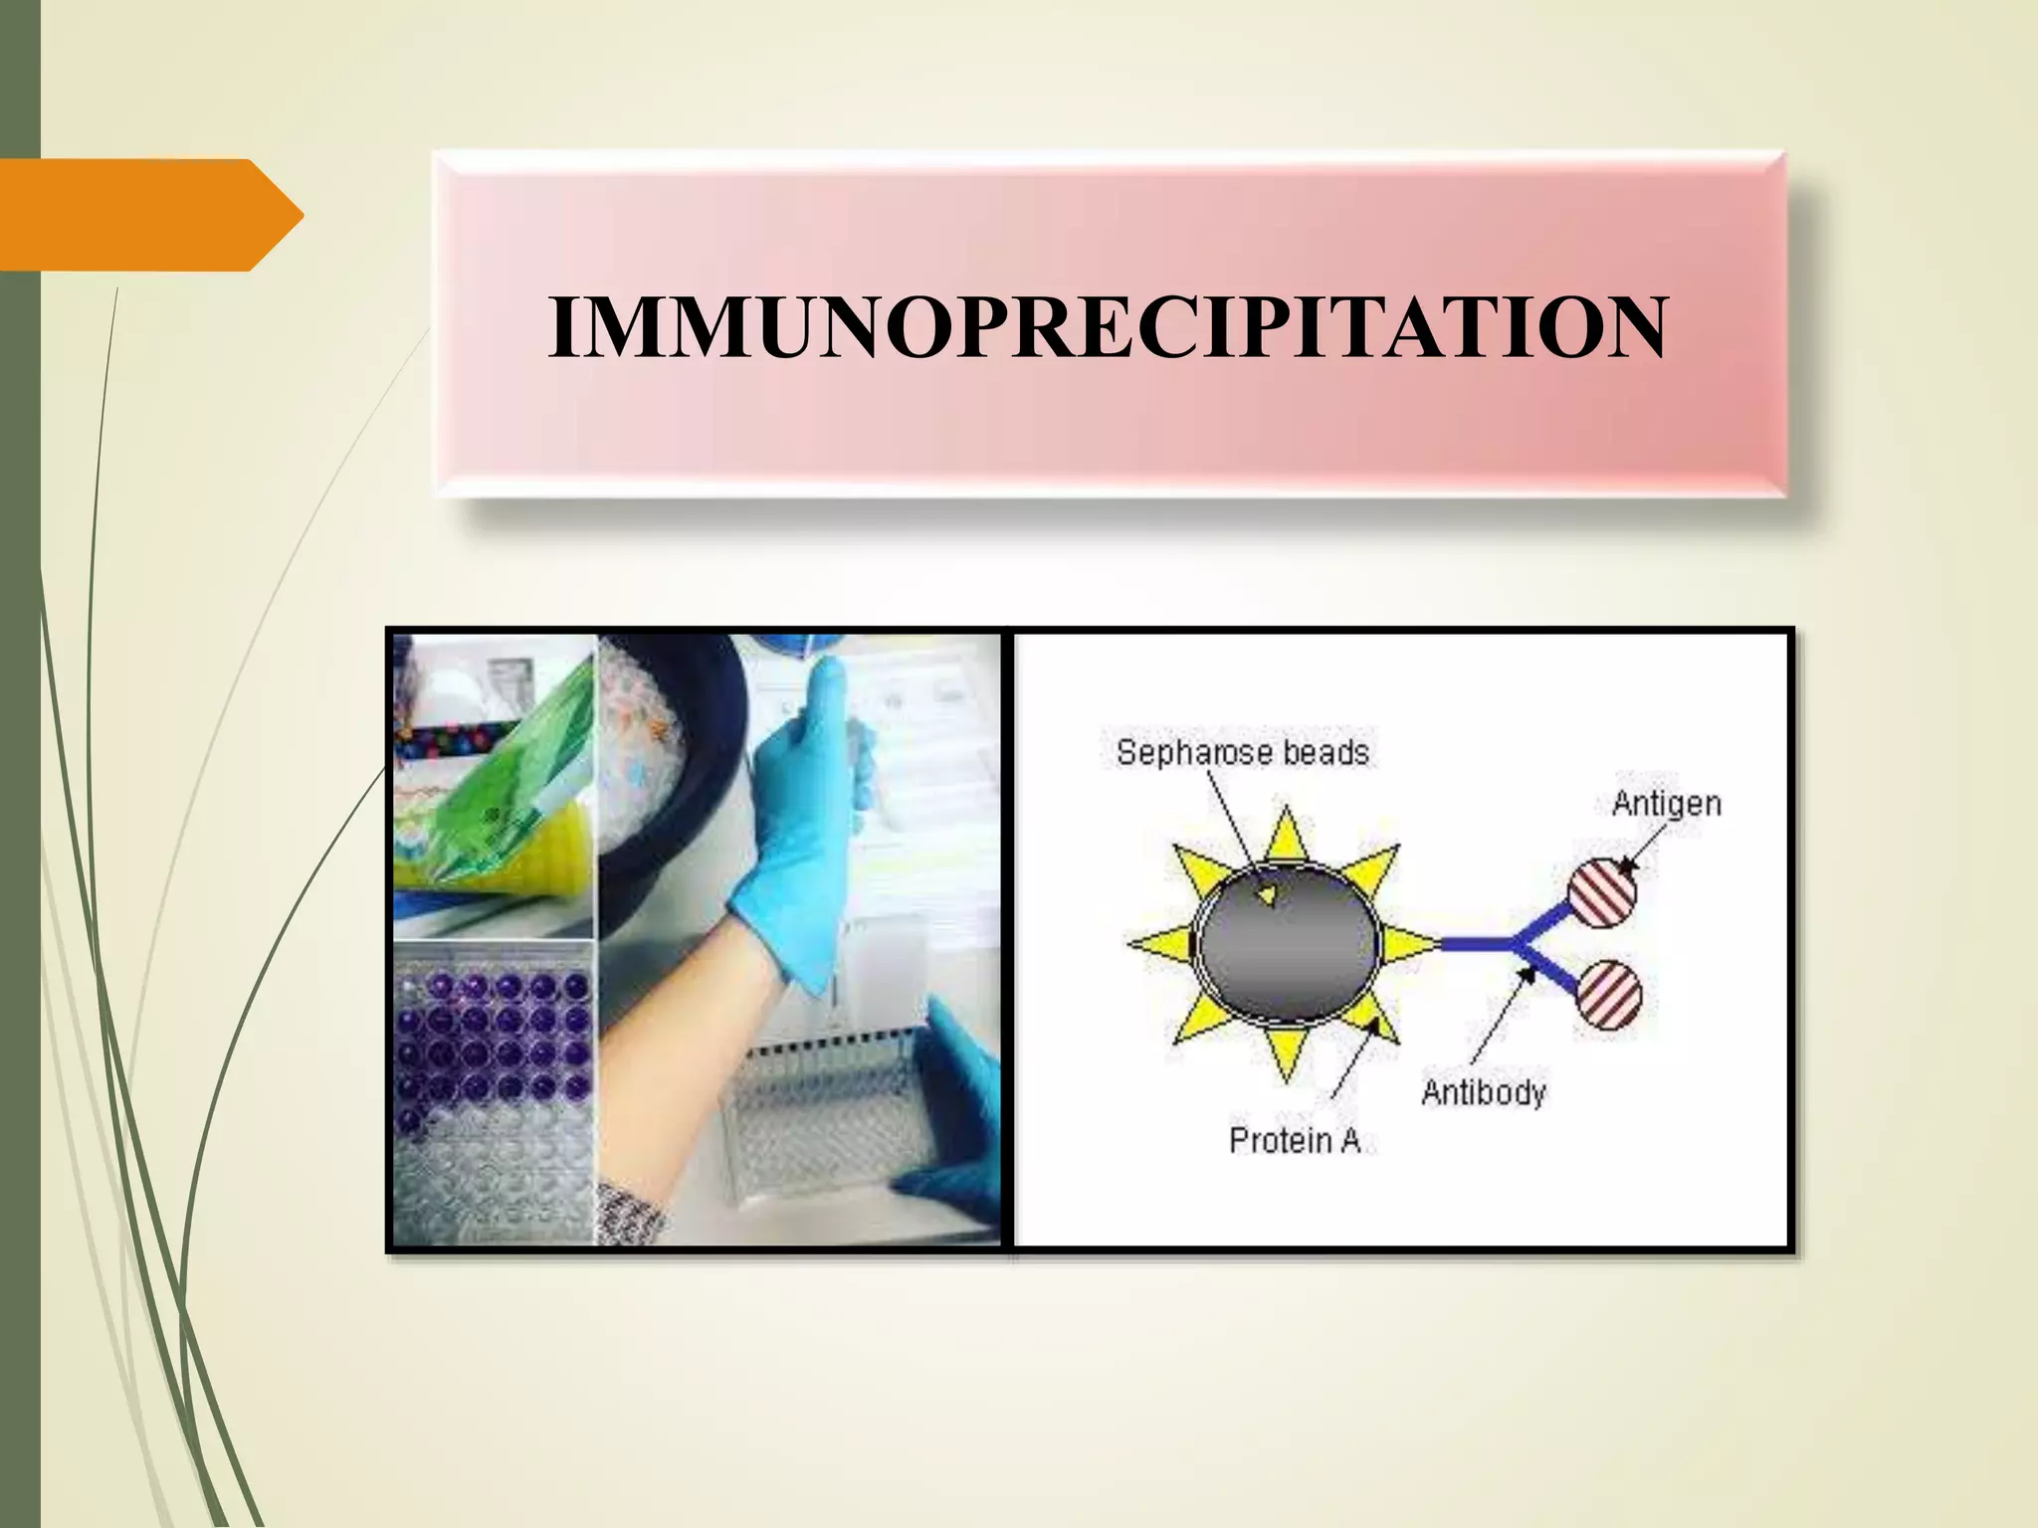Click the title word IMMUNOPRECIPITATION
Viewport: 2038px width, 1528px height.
pos(1107,327)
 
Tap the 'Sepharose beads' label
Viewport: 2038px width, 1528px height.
pos(1242,752)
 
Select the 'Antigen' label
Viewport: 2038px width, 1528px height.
pos(1666,803)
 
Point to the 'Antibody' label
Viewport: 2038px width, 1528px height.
pos(1483,1092)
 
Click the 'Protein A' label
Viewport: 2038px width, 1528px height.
pos(1295,1140)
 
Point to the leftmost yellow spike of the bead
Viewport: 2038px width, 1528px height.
pos(1159,943)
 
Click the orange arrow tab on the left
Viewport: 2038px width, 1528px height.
pos(149,215)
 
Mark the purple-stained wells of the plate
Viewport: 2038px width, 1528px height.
pos(493,1035)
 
